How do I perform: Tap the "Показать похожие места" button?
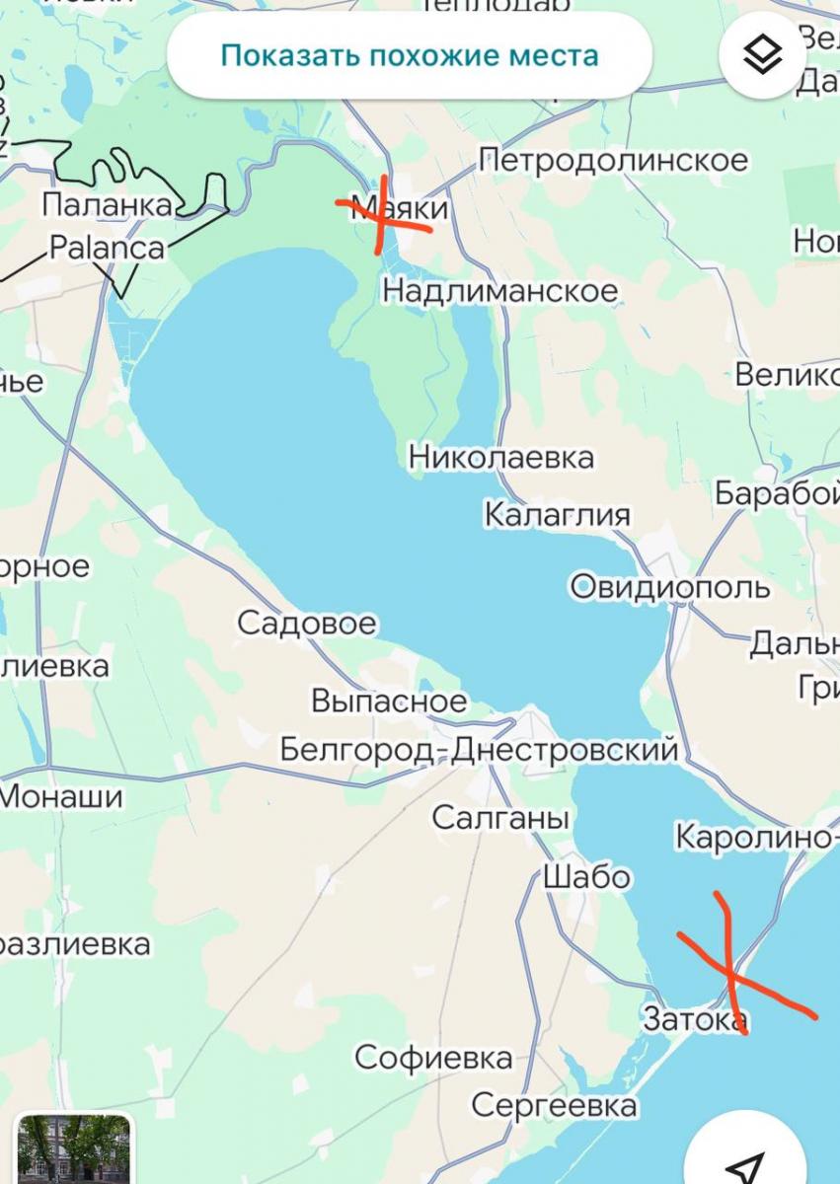click(x=409, y=55)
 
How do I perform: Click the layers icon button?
click(x=763, y=55)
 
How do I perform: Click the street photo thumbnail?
click(x=74, y=1149)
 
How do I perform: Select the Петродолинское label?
click(x=613, y=160)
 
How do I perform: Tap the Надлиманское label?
click(x=499, y=291)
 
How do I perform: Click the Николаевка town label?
click(x=501, y=458)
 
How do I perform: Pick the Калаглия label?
click(x=557, y=515)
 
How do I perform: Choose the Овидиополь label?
click(x=670, y=587)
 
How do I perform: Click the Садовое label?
click(x=307, y=624)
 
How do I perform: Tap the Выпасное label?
click(x=389, y=701)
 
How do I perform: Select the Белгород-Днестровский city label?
click(x=480, y=750)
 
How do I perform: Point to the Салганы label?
click(x=500, y=818)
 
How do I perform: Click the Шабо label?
click(x=586, y=876)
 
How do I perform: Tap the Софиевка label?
click(x=433, y=1059)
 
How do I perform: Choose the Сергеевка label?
click(x=554, y=1105)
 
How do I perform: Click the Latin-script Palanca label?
click(x=107, y=247)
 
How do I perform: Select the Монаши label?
click(x=61, y=796)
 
